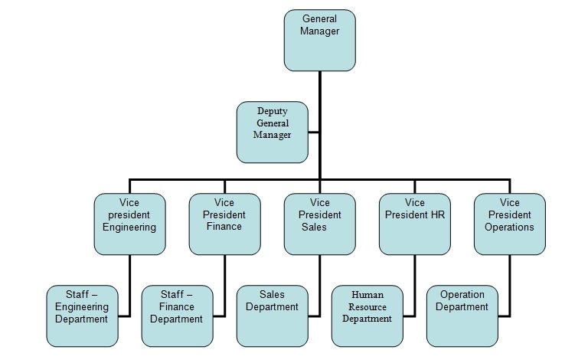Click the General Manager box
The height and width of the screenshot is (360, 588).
(320, 39)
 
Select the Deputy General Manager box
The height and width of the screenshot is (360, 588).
(273, 133)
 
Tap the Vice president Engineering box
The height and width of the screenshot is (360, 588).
(129, 224)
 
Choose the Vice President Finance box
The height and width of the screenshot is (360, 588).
(225, 224)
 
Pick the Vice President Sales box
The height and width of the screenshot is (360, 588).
(320, 224)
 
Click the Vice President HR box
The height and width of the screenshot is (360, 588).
(415, 224)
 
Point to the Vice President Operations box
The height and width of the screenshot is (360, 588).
(510, 224)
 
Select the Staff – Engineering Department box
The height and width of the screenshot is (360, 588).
(82, 316)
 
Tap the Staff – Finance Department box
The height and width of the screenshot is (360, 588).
(177, 316)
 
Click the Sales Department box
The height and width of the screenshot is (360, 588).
(272, 316)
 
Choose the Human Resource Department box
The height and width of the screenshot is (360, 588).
(367, 316)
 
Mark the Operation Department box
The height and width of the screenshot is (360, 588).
(462, 316)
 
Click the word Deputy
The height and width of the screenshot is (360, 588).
(273, 110)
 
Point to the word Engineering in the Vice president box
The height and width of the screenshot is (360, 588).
(129, 227)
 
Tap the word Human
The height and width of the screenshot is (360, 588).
(367, 294)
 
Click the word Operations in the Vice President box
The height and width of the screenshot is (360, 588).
(509, 227)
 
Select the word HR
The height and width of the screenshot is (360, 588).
(437, 215)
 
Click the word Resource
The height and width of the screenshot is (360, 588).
(367, 306)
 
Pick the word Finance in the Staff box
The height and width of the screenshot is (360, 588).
(177, 307)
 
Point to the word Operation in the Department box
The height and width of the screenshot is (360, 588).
(462, 295)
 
